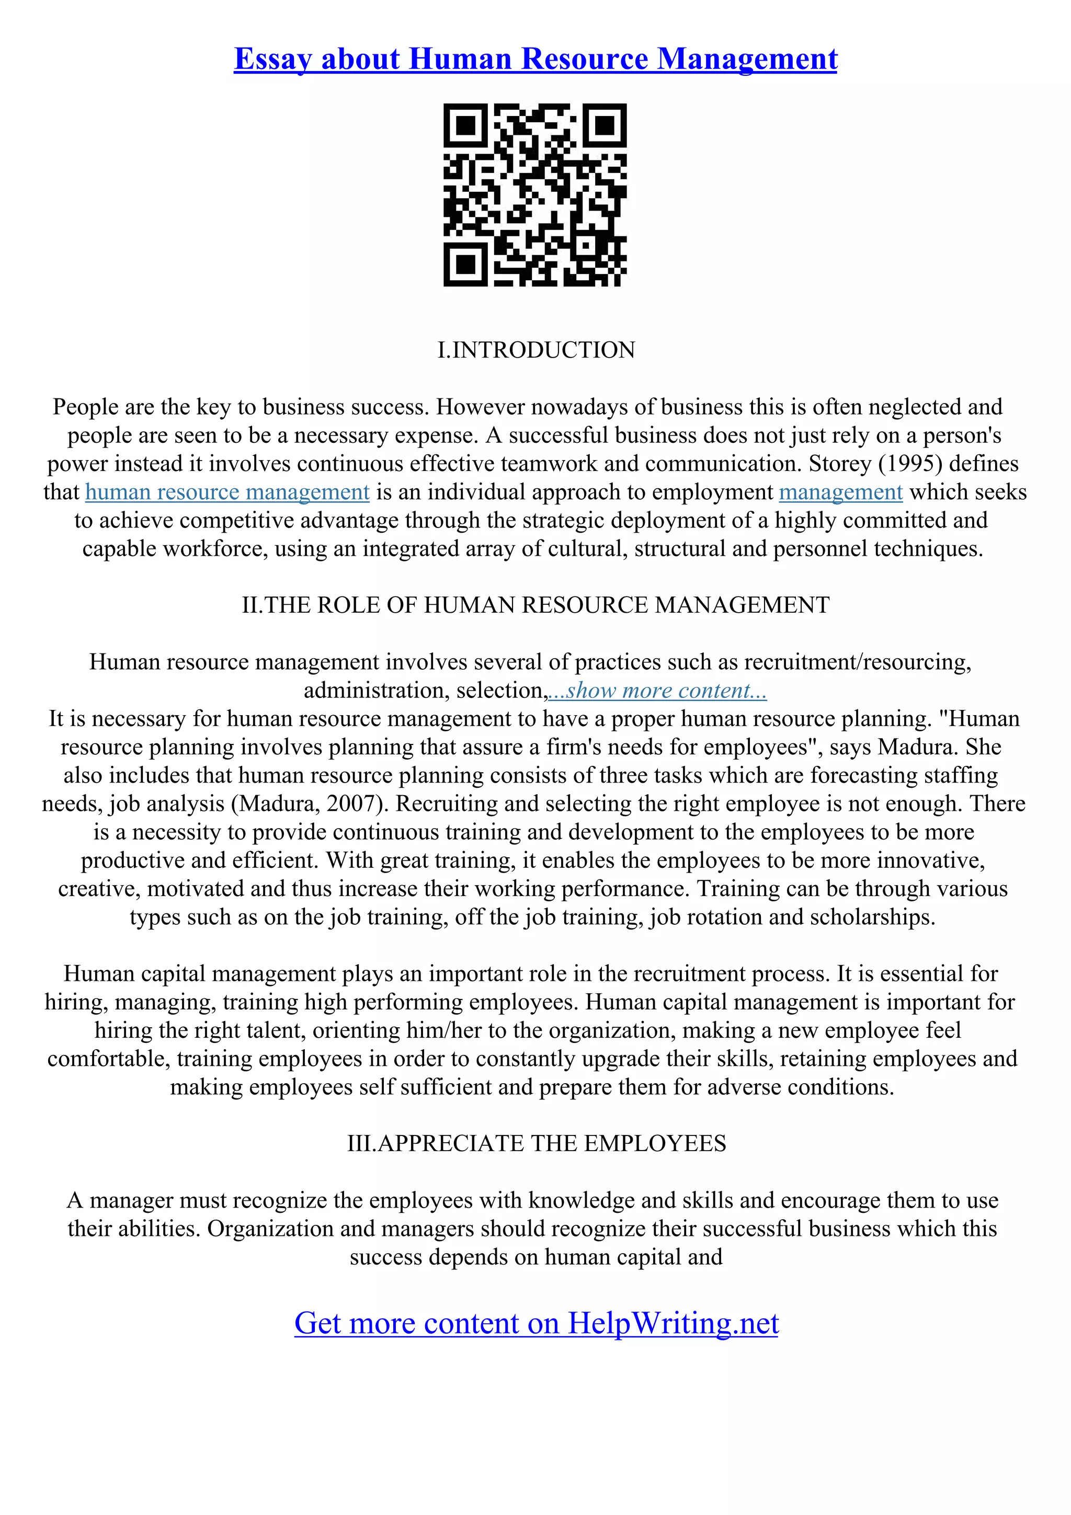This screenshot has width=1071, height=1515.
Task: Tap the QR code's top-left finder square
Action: coord(466,125)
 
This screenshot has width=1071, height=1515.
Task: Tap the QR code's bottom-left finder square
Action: coord(466,265)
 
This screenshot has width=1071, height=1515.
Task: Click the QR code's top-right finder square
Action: coord(605,125)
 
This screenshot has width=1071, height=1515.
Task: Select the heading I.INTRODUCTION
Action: coord(536,350)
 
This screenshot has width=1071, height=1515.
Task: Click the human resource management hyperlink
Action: coord(227,492)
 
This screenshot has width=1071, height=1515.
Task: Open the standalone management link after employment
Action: coord(840,492)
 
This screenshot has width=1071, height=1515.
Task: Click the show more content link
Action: coord(657,691)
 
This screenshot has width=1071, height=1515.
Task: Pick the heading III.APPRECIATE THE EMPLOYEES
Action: coord(536,1143)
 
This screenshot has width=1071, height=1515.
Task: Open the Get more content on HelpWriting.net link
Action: coord(536,1323)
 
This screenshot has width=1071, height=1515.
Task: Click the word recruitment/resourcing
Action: coord(857,662)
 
